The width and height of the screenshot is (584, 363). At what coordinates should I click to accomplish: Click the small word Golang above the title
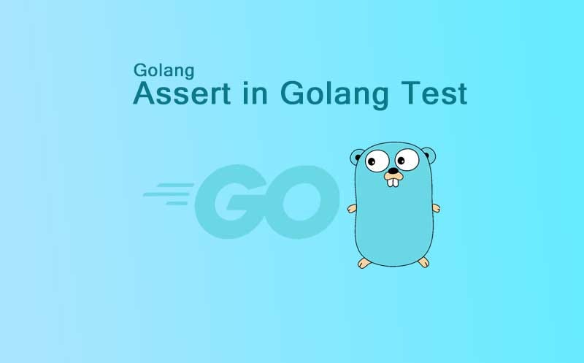tap(164, 71)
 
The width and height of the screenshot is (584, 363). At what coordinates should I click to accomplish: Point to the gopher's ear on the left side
tap(357, 156)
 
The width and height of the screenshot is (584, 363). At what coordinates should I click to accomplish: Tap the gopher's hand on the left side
tap(352, 209)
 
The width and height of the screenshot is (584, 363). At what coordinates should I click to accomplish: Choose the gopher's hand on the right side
tap(436, 207)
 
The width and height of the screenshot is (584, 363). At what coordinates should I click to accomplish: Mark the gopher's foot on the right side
tap(422, 261)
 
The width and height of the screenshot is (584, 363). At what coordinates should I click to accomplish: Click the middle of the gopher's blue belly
tap(393, 219)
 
